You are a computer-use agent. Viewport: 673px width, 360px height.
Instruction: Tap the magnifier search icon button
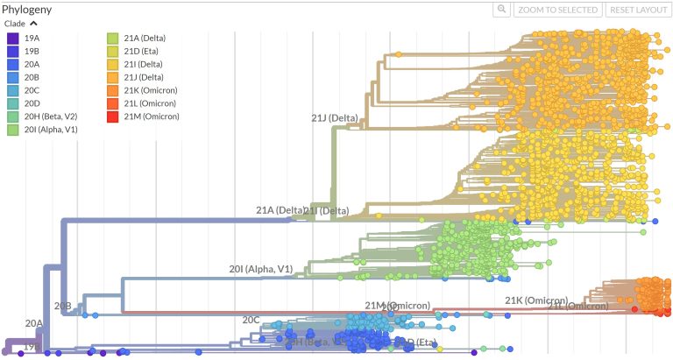(x=501, y=10)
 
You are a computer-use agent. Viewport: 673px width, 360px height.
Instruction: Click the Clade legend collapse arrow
(x=33, y=24)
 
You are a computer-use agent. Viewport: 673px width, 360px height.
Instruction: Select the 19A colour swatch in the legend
(x=13, y=38)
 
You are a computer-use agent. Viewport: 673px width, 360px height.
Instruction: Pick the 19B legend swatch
(x=13, y=51)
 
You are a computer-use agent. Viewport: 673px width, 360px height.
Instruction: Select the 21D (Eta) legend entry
(x=145, y=51)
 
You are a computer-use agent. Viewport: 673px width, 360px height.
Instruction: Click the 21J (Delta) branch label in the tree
(x=335, y=117)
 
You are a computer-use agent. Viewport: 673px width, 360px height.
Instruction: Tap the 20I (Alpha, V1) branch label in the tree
(x=260, y=269)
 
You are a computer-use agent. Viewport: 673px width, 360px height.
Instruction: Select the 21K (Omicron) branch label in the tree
(x=536, y=300)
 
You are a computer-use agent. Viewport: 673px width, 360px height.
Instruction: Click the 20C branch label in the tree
(x=251, y=320)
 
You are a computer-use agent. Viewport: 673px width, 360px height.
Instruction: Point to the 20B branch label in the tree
(x=63, y=307)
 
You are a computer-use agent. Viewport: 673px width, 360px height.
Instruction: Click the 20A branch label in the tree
(x=33, y=324)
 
